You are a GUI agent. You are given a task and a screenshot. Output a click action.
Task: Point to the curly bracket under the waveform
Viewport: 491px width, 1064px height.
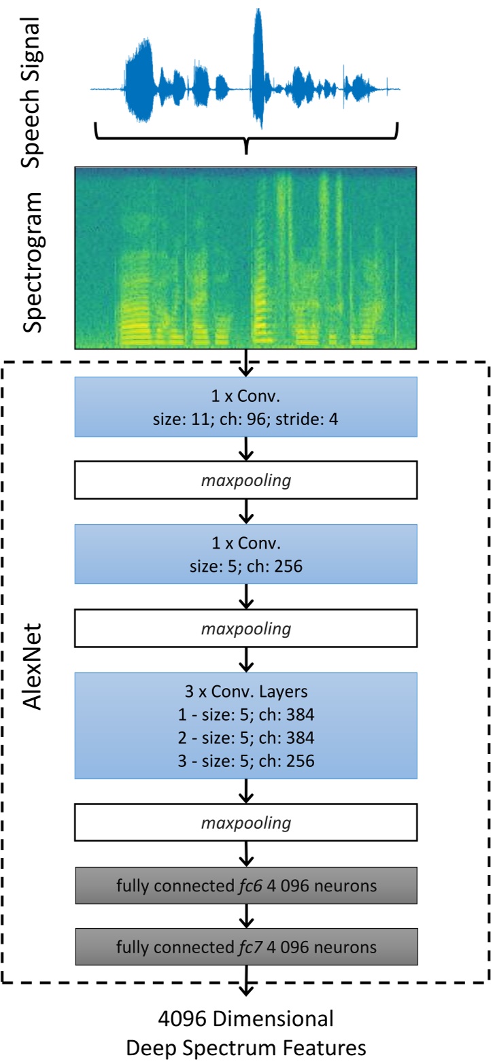pos(245,135)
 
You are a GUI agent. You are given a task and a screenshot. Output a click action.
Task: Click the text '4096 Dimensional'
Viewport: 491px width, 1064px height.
pos(245,1019)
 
